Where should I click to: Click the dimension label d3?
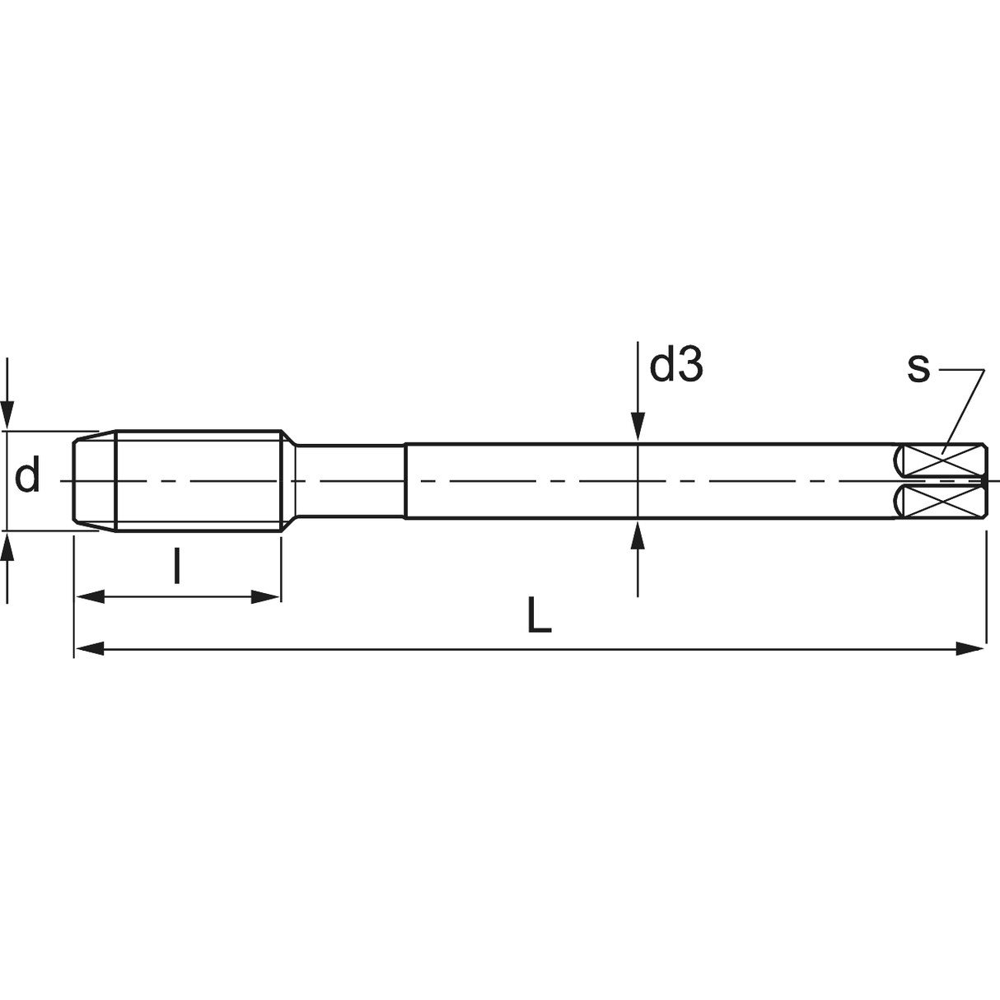(676, 365)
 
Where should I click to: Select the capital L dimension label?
(539, 615)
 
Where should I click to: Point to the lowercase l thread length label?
(177, 566)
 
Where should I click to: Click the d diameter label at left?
(27, 474)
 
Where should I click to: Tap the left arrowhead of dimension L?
(89, 648)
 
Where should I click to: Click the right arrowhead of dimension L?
(970, 648)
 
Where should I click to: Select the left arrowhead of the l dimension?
(91, 596)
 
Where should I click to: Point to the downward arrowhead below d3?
(638, 426)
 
